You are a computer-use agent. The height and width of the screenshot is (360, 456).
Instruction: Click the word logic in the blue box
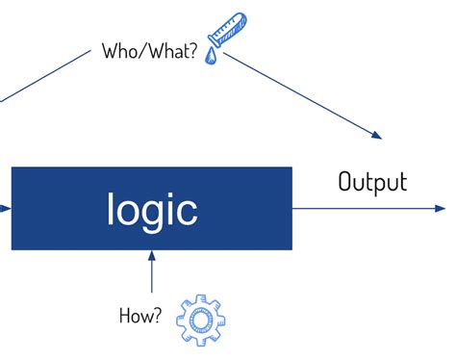coord(152,210)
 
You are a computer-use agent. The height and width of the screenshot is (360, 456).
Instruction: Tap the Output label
coord(371,182)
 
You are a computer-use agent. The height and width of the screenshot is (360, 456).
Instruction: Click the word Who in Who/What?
coord(119,51)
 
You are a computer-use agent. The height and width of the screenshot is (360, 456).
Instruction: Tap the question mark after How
coord(157,315)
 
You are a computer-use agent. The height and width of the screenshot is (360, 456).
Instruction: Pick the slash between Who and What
coord(140,51)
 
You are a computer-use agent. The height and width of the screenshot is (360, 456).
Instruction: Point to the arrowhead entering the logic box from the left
coord(7,207)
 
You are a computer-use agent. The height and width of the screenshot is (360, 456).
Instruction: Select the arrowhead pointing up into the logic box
coord(151,255)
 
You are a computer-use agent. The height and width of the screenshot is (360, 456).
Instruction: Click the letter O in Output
coord(345,182)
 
